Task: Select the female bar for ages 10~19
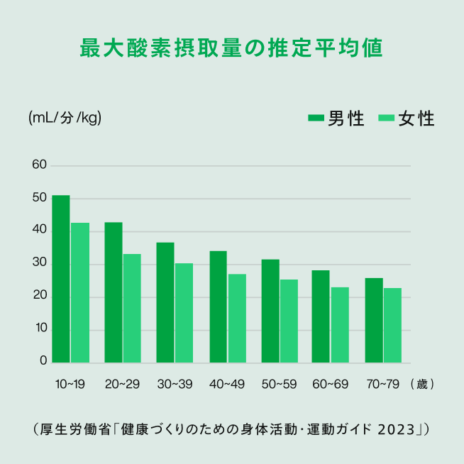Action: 80,293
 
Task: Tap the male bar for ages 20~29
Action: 114,292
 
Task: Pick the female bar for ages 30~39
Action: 184,313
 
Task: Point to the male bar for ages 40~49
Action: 218,307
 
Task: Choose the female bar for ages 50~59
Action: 289,321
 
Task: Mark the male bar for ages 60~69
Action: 321,316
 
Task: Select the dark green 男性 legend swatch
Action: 316,118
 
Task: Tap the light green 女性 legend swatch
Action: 387,118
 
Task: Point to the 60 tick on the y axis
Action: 39,165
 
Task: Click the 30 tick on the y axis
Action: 39,264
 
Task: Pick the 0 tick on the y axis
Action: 43,362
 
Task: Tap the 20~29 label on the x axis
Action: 122,385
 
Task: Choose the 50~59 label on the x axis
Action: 279,385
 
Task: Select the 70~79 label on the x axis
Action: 383,385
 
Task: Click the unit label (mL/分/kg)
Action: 65,118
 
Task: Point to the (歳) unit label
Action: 421,385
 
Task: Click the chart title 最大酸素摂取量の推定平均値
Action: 231,48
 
